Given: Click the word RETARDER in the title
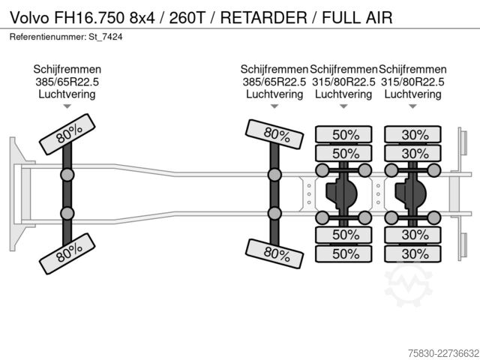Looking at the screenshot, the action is (263, 17).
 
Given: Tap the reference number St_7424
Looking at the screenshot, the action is (106, 37).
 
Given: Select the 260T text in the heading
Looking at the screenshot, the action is (187, 17).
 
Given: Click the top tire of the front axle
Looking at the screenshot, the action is (67, 134).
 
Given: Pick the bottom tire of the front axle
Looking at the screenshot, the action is (67, 253).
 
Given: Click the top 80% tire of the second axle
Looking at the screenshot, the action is (274, 134).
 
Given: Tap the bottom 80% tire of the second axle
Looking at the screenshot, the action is (274, 253).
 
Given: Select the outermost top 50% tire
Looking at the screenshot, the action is (343, 134).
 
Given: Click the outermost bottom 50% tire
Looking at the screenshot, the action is (343, 253).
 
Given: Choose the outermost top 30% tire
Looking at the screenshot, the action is (413, 134).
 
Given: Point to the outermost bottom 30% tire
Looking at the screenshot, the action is (413, 253).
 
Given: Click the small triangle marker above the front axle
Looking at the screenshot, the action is (67, 106).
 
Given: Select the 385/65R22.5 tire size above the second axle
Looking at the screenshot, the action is (274, 82).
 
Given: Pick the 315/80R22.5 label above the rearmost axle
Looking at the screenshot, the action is (412, 82).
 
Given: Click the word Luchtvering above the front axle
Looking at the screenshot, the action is (67, 94).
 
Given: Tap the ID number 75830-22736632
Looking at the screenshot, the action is (443, 352).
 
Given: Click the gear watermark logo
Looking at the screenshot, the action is (408, 284).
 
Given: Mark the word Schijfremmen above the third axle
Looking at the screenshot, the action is (343, 70).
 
